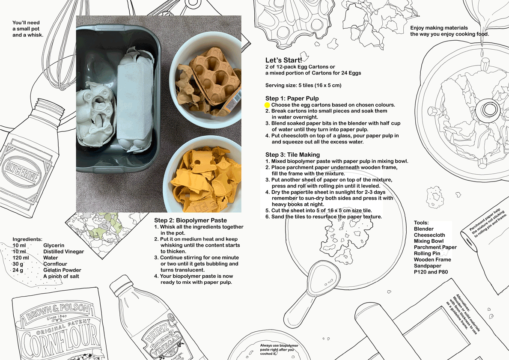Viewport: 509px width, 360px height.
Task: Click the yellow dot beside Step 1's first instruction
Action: point(267,105)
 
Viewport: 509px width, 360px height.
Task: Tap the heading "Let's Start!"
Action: point(284,60)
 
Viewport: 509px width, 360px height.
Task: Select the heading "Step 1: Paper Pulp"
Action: point(292,98)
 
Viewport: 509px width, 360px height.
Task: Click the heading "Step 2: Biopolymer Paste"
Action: point(191,220)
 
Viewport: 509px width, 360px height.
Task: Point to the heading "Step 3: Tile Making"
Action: point(292,155)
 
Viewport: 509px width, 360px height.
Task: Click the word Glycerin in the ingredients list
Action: point(54,245)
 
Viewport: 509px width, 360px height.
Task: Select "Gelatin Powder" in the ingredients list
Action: point(63,270)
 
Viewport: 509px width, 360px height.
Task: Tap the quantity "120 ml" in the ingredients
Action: point(21,258)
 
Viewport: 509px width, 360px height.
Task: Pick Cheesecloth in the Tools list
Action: point(429,235)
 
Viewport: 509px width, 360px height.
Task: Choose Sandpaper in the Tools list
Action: point(428,266)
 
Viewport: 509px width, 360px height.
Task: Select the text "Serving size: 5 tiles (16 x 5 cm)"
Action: point(303,85)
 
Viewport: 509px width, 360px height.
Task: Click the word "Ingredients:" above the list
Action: point(27,239)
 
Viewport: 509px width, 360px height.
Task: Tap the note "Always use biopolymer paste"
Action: point(279,348)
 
